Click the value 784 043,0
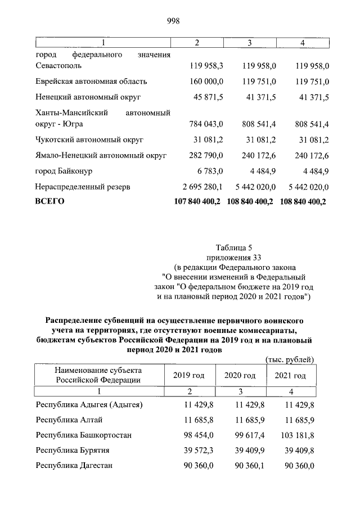pos(206,123)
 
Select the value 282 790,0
pos(206,155)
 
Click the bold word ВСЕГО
pos(50,201)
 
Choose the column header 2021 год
pos(290,375)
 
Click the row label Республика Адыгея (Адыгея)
pos(89,404)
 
